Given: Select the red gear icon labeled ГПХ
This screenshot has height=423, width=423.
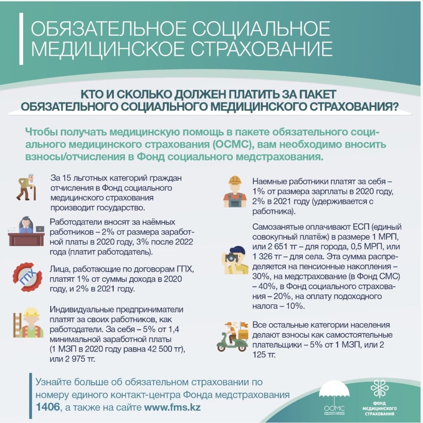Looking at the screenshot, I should (27, 277).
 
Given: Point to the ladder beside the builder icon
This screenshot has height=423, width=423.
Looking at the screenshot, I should (17, 325).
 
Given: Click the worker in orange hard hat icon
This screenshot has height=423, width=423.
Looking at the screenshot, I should (234, 192).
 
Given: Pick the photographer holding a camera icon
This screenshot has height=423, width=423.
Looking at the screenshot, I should (236, 260).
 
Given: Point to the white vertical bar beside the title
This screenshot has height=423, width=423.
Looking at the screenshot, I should (21, 39).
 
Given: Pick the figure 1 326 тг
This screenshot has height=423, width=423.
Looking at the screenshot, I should (267, 257).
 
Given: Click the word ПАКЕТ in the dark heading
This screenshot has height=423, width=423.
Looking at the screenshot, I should (316, 94).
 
